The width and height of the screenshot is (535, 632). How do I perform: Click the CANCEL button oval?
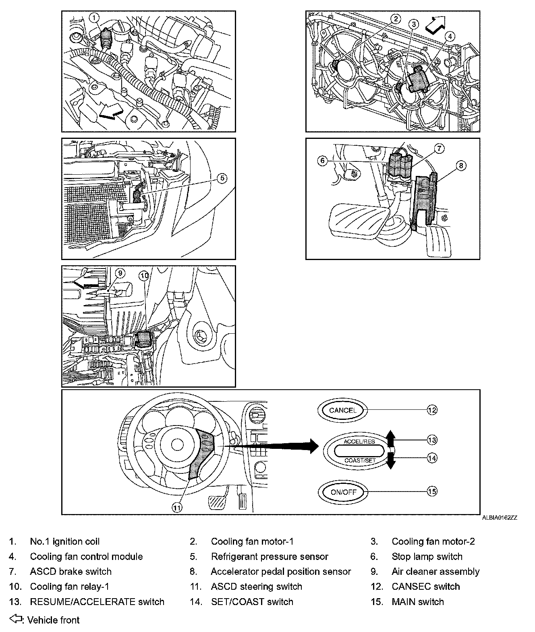coord(342,411)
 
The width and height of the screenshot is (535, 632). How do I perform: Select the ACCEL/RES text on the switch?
coord(359,442)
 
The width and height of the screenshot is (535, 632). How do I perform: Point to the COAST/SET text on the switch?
coord(359,460)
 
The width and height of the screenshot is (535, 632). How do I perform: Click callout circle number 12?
coord(432,410)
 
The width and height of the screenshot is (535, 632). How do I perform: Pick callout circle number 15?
coord(432,492)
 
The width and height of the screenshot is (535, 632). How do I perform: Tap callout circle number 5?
coord(222,178)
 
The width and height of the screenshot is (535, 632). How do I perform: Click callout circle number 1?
coord(94,17)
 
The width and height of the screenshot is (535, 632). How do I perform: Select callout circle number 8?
coord(461,165)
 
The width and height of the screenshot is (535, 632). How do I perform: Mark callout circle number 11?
coord(177,508)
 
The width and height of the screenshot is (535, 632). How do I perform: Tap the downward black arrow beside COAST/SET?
coord(390,461)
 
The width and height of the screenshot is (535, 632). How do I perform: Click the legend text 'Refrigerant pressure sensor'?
coord(269,557)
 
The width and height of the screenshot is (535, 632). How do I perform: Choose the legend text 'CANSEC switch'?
coord(425,587)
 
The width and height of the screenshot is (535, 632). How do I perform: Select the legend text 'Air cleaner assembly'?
coord(435,572)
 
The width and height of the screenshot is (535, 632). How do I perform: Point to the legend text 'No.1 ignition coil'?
coord(64,541)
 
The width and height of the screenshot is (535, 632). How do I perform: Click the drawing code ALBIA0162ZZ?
coord(500,518)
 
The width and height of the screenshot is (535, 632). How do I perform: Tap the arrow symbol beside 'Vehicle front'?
coord(15,619)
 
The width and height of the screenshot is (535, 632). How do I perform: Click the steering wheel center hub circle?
coord(176,444)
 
